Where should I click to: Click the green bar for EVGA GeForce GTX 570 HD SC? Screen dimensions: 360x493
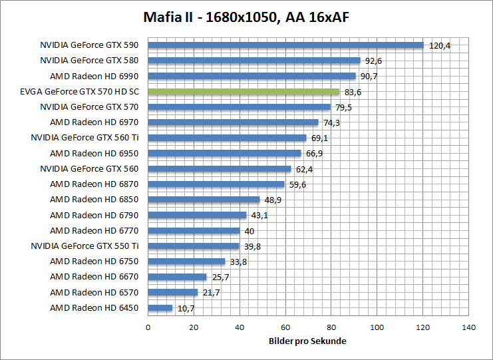pyautogui.click(x=244, y=92)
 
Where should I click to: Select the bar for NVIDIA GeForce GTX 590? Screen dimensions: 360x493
pyautogui.click(x=285, y=45)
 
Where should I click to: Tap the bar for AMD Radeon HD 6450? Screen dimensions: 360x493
pyautogui.click(x=160, y=308)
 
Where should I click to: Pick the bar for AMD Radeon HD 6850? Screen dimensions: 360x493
pyautogui.click(x=204, y=200)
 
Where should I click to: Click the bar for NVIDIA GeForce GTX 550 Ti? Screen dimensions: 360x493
pyautogui.click(x=193, y=246)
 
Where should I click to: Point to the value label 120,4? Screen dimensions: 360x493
pyautogui.click(x=440, y=46)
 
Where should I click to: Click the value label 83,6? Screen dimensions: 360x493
pyautogui.click(x=353, y=92)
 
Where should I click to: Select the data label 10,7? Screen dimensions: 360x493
pyautogui.click(x=187, y=309)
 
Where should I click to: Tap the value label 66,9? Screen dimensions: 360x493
pyautogui.click(x=315, y=154)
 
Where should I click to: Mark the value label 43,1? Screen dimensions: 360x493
pyautogui.click(x=260, y=216)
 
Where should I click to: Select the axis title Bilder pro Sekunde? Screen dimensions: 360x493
pyautogui.click(x=308, y=341)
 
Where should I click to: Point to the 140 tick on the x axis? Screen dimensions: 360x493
pyautogui.click(x=468, y=327)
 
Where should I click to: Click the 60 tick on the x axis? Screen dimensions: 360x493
pyautogui.click(x=285, y=327)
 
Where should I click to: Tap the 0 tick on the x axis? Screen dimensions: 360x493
pyautogui.click(x=148, y=327)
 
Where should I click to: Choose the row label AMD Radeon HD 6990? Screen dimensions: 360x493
pyautogui.click(x=95, y=77)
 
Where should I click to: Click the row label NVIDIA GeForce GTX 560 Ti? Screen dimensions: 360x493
pyautogui.click(x=86, y=138)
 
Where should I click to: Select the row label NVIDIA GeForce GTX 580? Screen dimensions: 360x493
pyautogui.click(x=90, y=61)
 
